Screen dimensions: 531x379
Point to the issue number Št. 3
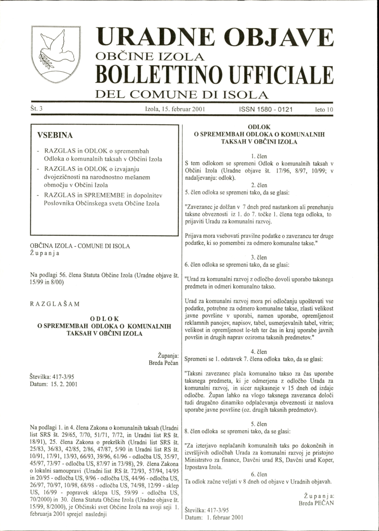pyautogui.click(x=37, y=109)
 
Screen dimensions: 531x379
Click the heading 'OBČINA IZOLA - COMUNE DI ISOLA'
pyautogui.click(x=79, y=246)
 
